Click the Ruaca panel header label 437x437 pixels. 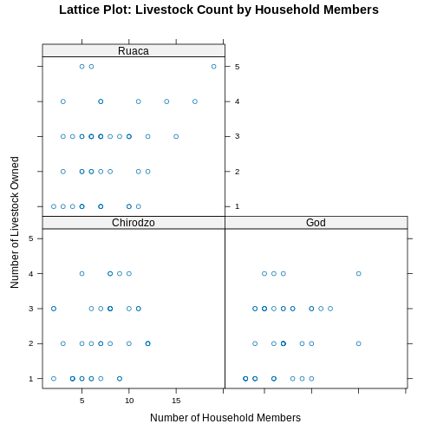134,50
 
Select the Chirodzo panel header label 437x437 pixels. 134,223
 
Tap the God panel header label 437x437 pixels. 316,223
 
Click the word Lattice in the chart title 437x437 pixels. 87,10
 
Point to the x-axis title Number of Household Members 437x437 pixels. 225,418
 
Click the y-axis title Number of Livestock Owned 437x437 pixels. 15,222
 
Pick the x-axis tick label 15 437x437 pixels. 176,401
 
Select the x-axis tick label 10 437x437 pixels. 129,401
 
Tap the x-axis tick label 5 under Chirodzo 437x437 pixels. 82,401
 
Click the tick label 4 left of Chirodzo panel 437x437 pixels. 30,274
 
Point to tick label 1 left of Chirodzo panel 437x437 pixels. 30,379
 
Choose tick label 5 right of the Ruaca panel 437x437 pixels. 237,67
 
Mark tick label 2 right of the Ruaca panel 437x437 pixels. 237,172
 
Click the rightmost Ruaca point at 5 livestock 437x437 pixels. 213,66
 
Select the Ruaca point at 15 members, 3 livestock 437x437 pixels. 176,136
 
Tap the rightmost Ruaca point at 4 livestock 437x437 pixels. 195,101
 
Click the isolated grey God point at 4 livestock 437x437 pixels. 358,274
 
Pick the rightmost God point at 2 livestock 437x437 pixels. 358,343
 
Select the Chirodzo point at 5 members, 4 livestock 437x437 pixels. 82,274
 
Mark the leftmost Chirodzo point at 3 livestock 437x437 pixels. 54,309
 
